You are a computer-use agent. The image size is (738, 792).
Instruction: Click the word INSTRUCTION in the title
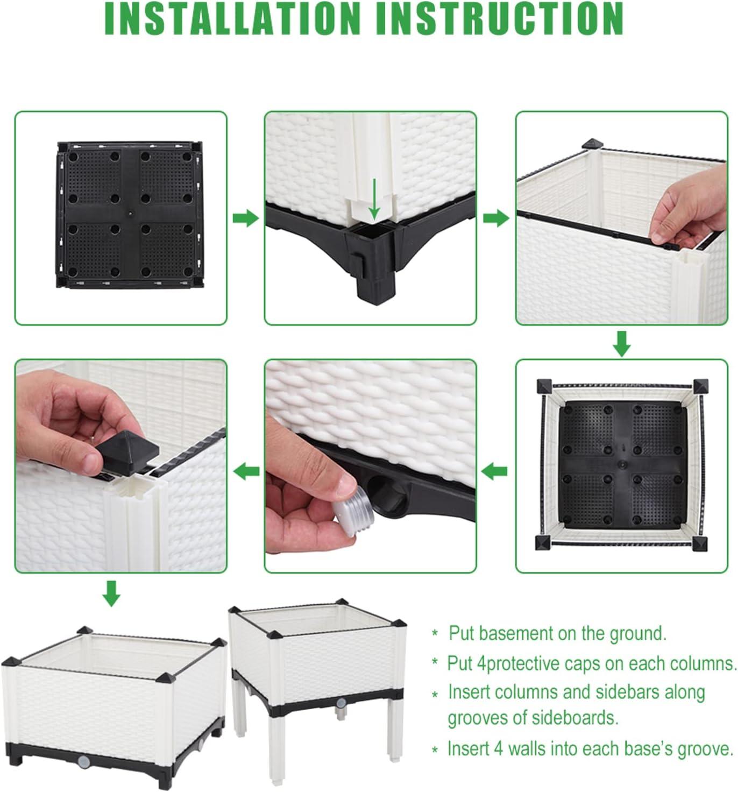point(499,19)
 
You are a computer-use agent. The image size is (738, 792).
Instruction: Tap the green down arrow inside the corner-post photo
point(374,199)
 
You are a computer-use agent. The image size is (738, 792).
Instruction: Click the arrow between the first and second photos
point(246,218)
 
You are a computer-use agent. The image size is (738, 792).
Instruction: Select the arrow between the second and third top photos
point(496,218)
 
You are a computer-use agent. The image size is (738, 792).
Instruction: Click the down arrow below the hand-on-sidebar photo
point(622,344)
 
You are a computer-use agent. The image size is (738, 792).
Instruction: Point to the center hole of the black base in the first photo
point(130,214)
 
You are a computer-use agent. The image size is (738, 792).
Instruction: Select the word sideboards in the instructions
point(576,718)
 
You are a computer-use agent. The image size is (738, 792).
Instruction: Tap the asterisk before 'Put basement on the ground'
point(435,633)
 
